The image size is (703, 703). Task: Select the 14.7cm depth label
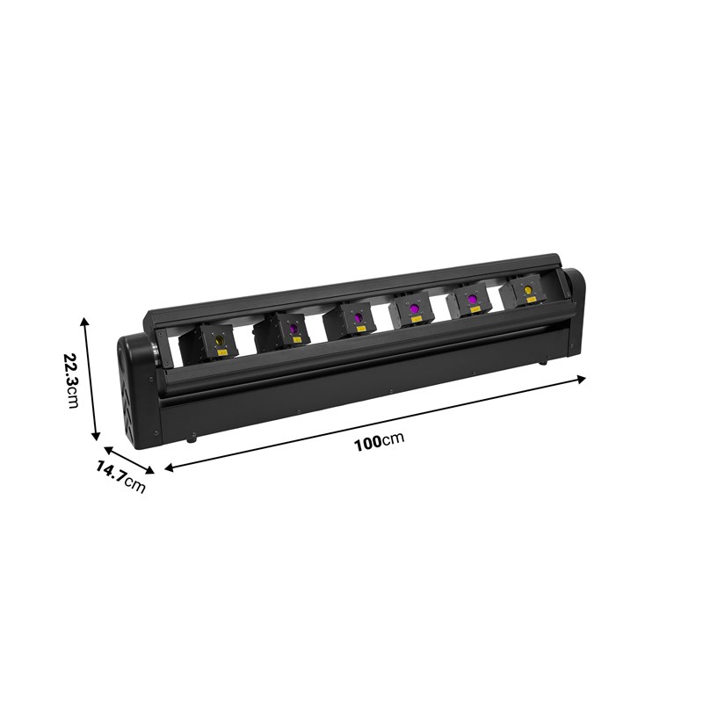[x=120, y=477]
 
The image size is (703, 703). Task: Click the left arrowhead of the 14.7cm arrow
[x=107, y=449]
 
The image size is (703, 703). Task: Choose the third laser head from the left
[x=354, y=319]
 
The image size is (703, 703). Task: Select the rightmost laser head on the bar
[x=526, y=292]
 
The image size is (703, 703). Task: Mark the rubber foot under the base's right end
[x=542, y=361]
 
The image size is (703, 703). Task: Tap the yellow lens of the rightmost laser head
[x=528, y=288]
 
